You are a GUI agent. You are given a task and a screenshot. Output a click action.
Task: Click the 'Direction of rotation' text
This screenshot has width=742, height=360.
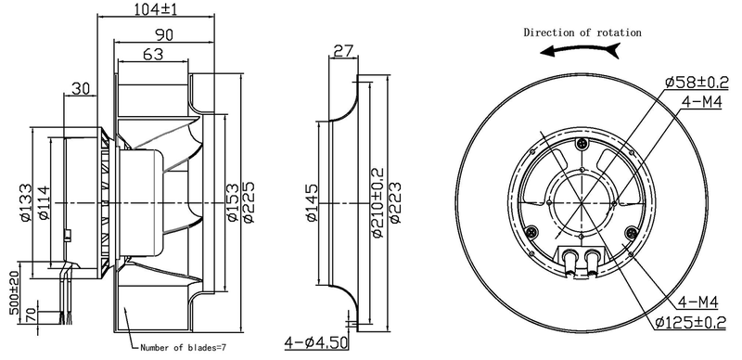click(x=582, y=32)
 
